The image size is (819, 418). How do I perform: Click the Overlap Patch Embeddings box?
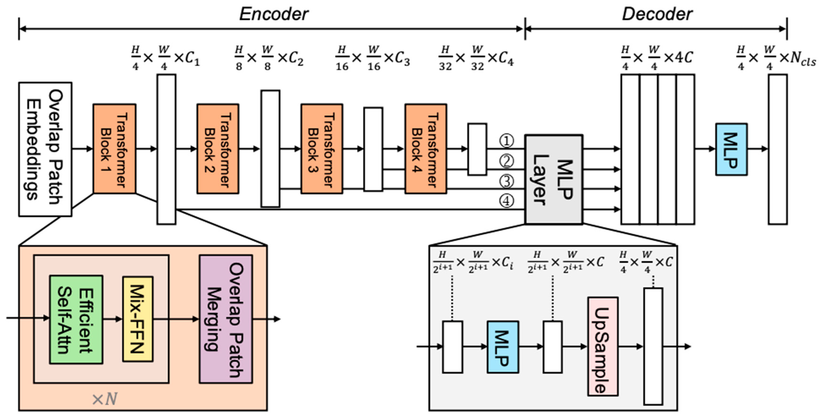[45, 149]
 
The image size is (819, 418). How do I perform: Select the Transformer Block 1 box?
[114, 148]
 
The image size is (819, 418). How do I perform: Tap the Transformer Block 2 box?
[218, 148]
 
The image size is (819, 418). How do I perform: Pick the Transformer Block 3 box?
[322, 148]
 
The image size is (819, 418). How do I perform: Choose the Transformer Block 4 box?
[426, 148]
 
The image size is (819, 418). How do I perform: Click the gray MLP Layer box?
[553, 180]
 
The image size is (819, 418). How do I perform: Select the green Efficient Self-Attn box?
[76, 319]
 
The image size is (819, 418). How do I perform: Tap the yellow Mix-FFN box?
[138, 319]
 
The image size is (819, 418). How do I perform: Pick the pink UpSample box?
[602, 347]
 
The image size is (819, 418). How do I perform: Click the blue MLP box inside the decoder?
[731, 149]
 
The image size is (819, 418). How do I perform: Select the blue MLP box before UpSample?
[503, 347]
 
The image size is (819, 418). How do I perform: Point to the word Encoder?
[273, 14]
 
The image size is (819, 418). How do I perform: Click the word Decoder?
[657, 14]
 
